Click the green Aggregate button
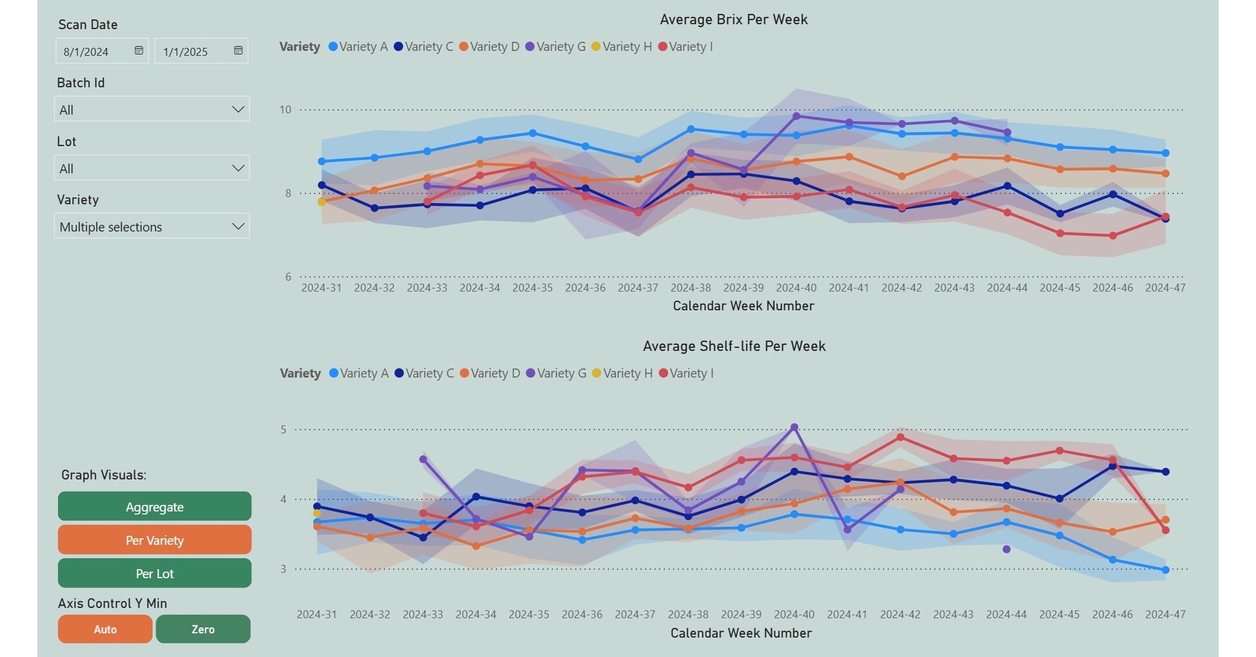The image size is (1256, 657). click(x=155, y=507)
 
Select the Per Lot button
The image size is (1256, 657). click(x=155, y=573)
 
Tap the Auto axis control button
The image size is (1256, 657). click(x=105, y=629)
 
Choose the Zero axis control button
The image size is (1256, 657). click(x=203, y=629)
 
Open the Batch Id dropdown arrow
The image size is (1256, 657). click(x=238, y=110)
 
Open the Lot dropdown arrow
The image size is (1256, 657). click(x=238, y=168)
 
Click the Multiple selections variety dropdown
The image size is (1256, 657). click(x=152, y=227)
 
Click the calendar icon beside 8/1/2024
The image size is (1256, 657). click(x=139, y=51)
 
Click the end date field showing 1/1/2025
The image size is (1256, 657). click(x=193, y=52)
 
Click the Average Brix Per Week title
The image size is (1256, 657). click(x=734, y=19)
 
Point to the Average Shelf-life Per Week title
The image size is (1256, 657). click(x=734, y=346)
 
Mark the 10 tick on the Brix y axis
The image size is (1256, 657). click(x=285, y=110)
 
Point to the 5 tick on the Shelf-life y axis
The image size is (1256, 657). click(x=283, y=429)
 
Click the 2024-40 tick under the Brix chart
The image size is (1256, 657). click(x=796, y=288)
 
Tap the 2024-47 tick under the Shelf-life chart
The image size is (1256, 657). click(x=1165, y=614)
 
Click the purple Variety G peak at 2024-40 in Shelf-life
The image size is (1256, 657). click(x=794, y=427)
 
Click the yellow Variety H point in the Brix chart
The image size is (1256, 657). click(x=322, y=202)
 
